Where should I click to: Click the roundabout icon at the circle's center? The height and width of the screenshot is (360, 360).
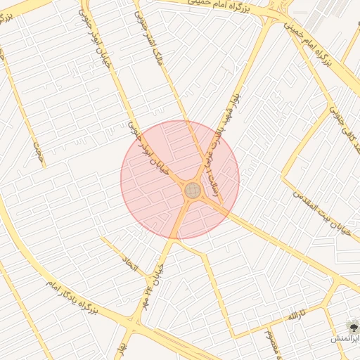[192, 190]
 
